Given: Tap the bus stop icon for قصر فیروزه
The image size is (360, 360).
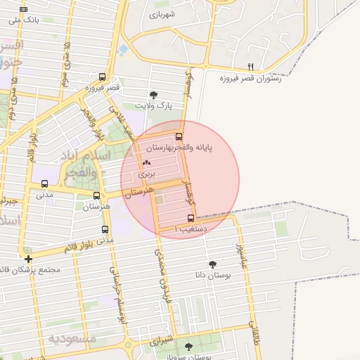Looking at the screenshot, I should (x=103, y=77).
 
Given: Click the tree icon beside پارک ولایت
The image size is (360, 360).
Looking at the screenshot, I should (x=154, y=95).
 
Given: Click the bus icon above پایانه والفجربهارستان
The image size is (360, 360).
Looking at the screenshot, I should (x=179, y=137).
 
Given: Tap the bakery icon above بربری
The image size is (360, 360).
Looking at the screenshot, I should (x=146, y=162).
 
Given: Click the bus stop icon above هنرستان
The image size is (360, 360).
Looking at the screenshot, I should (x=97, y=195).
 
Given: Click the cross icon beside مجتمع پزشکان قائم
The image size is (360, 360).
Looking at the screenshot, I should (x=28, y=259).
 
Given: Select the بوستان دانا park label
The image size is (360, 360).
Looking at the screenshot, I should (x=210, y=275).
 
